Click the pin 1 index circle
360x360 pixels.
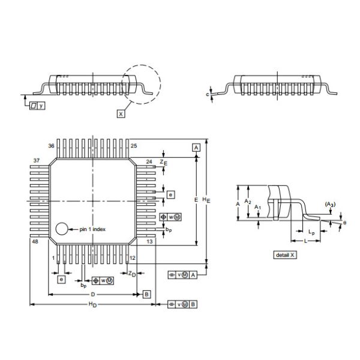(61, 229)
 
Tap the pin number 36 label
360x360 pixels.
(52, 146)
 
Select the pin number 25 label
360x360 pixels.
(134, 146)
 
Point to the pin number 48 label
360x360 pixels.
(35, 241)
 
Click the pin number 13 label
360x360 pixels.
(149, 241)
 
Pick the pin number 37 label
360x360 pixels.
(37, 161)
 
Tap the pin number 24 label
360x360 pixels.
(149, 161)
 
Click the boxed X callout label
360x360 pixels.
(121, 113)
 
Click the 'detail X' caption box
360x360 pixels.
(285, 255)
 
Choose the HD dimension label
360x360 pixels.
(92, 305)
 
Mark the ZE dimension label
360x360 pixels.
(164, 162)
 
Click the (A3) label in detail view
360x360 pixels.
(329, 205)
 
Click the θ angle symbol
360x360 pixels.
(344, 223)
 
